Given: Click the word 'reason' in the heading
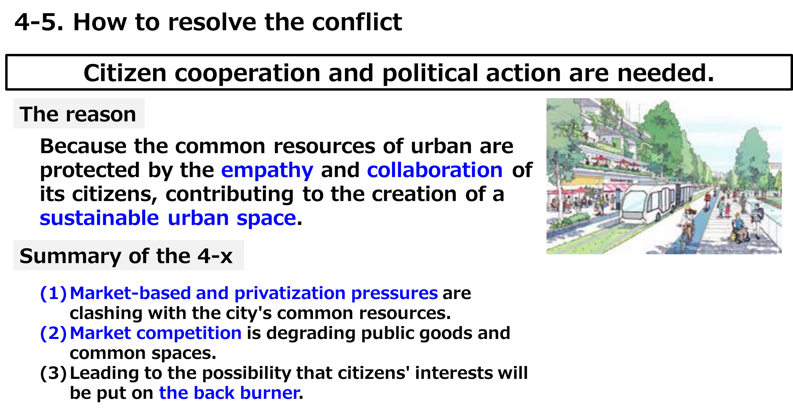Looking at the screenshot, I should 101,114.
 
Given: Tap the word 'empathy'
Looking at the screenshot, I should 267,170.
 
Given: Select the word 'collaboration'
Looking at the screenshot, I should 434,170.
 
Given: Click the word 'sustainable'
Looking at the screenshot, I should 99,218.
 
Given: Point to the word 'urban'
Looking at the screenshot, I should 198,218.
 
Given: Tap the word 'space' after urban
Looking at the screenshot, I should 266,218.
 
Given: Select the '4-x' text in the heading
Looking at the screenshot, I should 215,256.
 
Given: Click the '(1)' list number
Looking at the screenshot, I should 53,293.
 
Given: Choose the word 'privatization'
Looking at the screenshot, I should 290,293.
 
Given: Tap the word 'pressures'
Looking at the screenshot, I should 395,293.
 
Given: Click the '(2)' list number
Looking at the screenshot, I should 53,333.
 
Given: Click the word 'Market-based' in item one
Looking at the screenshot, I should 130,293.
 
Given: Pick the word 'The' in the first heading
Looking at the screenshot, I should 39,114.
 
